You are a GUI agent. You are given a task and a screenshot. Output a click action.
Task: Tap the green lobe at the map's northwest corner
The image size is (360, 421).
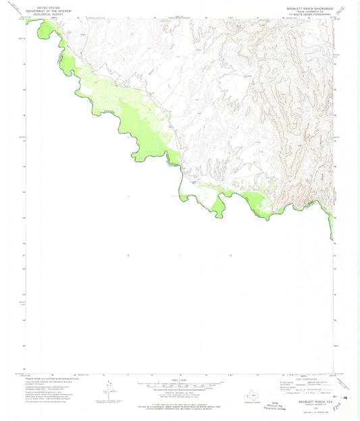[47, 28]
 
